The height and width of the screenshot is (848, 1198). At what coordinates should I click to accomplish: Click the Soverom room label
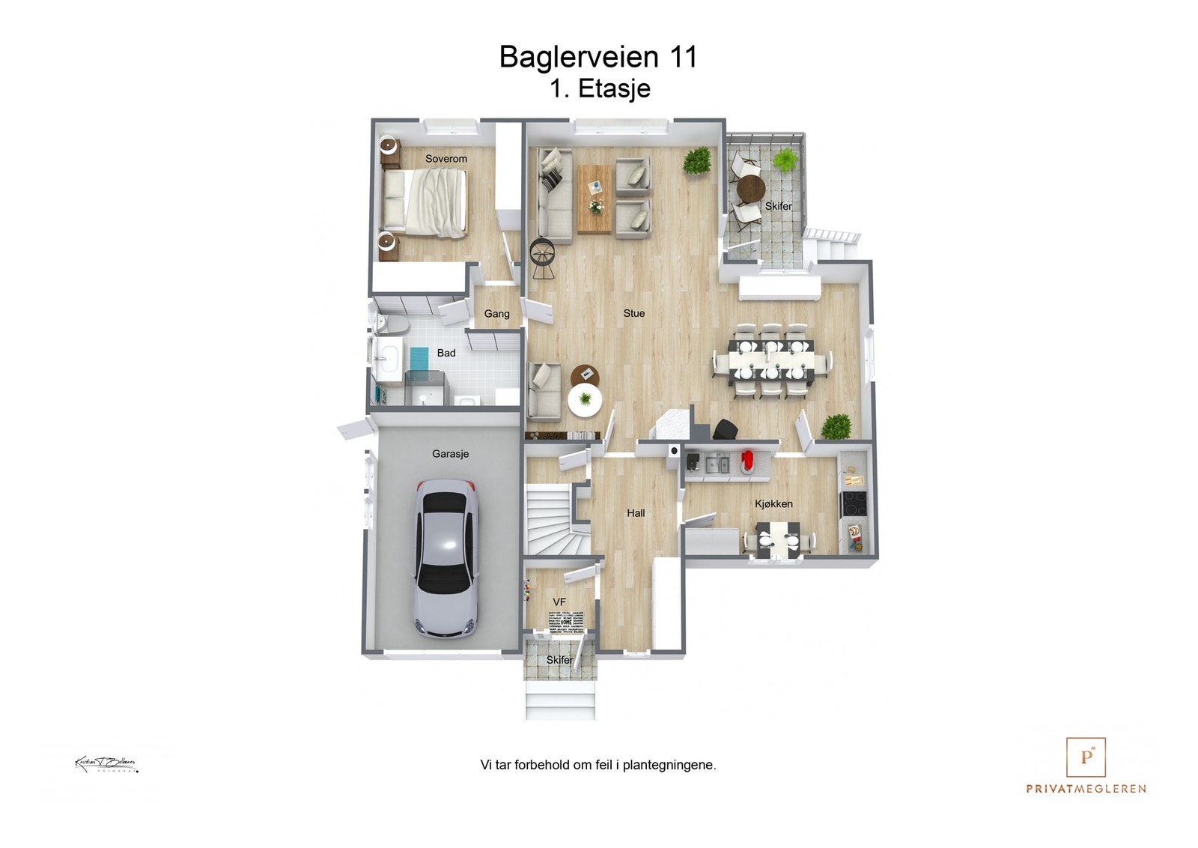click(446, 159)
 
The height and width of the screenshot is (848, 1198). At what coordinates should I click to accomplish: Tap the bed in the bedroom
click(425, 202)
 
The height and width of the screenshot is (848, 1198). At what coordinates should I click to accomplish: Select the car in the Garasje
click(446, 559)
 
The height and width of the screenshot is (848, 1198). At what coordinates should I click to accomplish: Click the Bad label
click(446, 353)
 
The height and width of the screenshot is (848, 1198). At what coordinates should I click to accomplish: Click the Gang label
click(496, 314)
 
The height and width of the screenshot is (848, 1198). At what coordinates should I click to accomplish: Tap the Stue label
click(633, 313)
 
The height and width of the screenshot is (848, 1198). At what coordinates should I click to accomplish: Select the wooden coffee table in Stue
click(595, 199)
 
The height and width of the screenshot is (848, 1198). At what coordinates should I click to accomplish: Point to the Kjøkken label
click(773, 504)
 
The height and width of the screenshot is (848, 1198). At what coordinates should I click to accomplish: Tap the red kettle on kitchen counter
click(747, 460)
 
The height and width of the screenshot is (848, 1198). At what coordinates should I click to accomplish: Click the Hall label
click(636, 513)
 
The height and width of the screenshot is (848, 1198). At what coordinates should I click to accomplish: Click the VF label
click(559, 602)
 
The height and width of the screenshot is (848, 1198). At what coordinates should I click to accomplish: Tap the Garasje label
click(450, 454)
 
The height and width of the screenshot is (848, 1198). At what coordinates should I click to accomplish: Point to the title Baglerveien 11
click(598, 57)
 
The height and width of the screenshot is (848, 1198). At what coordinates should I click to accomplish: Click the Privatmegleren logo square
click(1086, 757)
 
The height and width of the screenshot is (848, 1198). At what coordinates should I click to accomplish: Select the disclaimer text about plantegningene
click(598, 765)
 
